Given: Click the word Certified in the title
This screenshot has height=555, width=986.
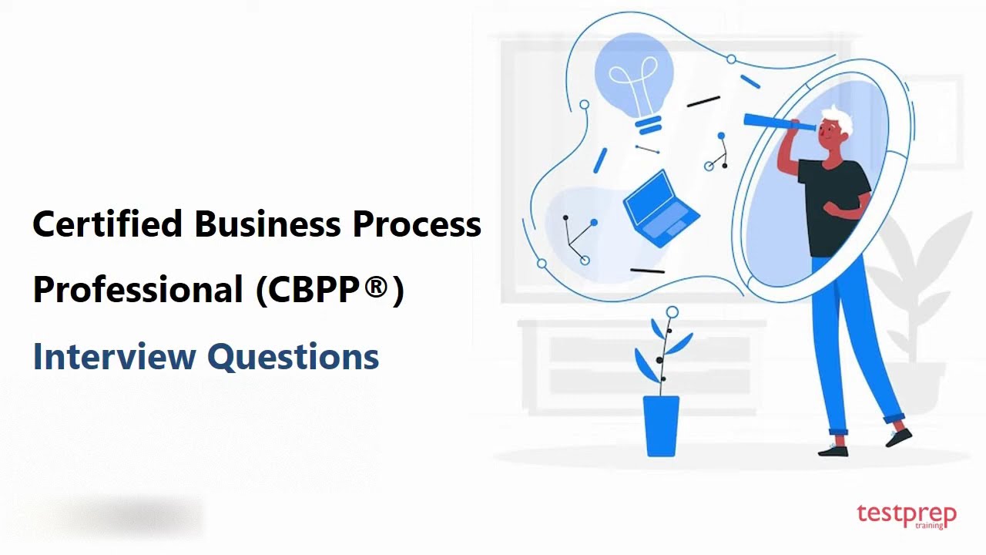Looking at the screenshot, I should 107,224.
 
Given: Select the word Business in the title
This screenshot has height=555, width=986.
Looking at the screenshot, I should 267,224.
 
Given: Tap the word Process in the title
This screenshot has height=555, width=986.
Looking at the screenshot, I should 417,224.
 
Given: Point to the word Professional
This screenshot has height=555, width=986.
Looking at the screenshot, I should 137,290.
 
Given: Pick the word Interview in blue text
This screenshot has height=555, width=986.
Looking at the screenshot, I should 114,356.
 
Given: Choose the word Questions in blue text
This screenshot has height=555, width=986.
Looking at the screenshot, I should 293,356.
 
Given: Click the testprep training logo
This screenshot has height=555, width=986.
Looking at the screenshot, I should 906,516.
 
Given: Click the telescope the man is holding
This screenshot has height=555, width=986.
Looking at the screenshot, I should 778,123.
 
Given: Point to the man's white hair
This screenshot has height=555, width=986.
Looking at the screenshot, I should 839,119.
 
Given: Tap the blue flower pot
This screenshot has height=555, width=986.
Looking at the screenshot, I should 661,425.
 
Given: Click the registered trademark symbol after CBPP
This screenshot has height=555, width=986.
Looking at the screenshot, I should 375,288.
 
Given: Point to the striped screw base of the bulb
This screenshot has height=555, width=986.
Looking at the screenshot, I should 649,125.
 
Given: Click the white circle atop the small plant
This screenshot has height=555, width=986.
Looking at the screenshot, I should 672,312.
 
